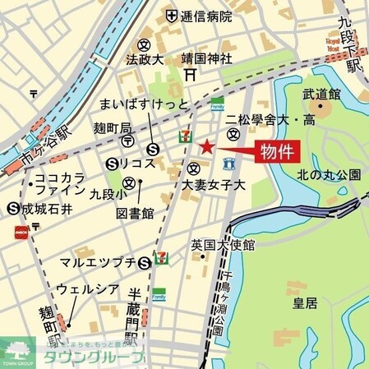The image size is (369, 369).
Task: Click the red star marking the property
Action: (205, 148)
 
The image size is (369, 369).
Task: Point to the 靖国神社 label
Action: (207, 58)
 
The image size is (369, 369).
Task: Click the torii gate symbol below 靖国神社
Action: (189, 74)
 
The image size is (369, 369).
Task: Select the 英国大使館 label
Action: (223, 245)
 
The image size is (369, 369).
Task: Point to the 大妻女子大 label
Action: (214, 185)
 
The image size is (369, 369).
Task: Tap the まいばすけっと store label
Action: (144, 104)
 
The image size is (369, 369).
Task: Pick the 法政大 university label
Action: (145, 60)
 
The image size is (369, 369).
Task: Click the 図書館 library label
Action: (136, 213)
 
